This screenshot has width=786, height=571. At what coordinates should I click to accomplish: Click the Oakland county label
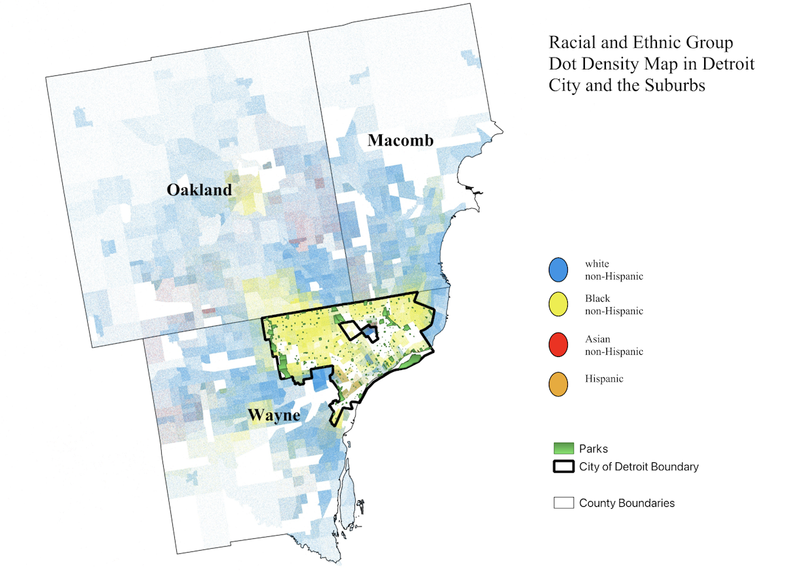(x=199, y=190)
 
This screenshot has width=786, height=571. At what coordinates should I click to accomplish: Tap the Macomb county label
(x=400, y=140)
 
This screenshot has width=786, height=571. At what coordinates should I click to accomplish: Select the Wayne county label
(x=273, y=415)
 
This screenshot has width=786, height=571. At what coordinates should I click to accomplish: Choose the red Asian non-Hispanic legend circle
(x=558, y=345)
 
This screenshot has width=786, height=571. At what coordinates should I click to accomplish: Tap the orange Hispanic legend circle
(x=558, y=384)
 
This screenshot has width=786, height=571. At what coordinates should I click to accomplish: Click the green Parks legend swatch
(x=563, y=449)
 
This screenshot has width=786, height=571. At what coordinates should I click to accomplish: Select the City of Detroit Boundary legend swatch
(x=563, y=467)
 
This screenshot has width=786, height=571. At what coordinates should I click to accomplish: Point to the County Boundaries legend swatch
(x=563, y=503)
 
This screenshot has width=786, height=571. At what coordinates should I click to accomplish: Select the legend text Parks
(x=593, y=449)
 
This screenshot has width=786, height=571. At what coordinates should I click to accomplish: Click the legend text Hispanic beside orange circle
(x=605, y=379)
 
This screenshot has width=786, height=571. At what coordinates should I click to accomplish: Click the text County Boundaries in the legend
(x=627, y=503)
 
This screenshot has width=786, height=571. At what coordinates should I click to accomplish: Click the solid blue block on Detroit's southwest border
(x=321, y=380)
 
